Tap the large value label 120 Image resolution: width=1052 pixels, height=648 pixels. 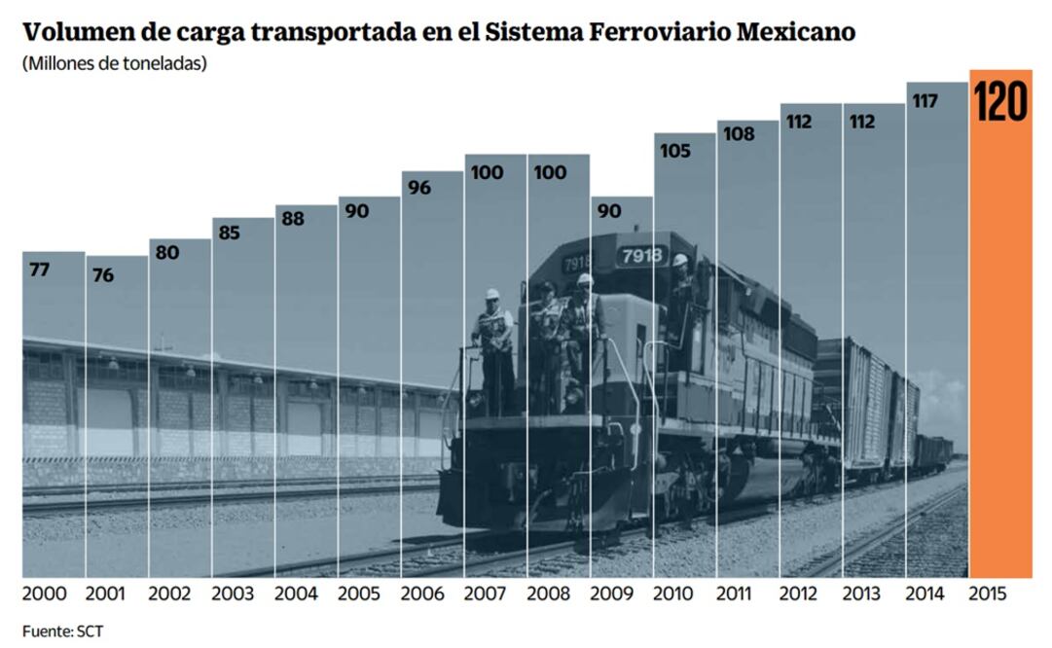coord(1000,102)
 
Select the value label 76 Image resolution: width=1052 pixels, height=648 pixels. coord(102,275)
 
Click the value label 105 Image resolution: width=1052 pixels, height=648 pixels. coord(674,151)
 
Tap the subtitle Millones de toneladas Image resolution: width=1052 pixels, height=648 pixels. coord(115,65)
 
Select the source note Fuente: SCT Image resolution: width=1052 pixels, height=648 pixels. coord(62,631)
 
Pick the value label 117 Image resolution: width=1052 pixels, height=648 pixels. coord(925,100)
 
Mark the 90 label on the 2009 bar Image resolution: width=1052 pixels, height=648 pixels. coord(609,211)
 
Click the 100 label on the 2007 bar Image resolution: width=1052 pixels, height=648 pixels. coord(487,172)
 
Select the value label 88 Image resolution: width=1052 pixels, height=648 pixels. coord(294,219)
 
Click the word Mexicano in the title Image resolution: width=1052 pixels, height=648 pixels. coord(797,32)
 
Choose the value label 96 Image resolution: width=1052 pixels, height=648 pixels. coord(419,188)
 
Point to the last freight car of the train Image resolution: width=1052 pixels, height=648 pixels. coord(933,452)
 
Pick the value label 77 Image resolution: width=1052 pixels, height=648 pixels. coord(39,270)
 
